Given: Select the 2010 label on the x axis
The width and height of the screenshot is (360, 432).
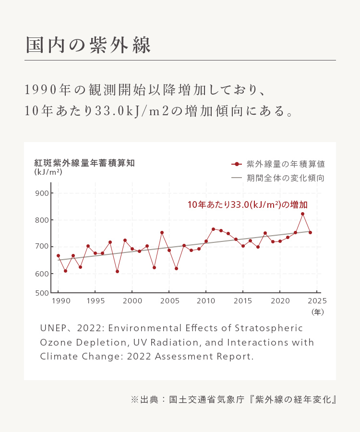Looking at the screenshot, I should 206,301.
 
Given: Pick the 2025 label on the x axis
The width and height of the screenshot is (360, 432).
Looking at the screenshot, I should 317,301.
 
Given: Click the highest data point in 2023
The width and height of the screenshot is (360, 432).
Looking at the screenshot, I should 302,214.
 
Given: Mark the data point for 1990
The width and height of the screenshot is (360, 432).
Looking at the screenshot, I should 58,256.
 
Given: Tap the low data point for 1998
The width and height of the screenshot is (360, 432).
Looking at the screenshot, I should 117,272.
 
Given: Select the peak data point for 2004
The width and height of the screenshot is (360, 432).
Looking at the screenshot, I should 162,232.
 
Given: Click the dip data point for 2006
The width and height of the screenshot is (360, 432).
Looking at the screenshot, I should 176,268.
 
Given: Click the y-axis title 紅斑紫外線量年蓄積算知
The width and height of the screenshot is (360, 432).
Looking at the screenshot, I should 84,163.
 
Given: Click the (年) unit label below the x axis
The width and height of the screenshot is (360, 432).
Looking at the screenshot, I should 317,312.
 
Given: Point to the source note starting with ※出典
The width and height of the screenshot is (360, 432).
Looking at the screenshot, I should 233,399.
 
